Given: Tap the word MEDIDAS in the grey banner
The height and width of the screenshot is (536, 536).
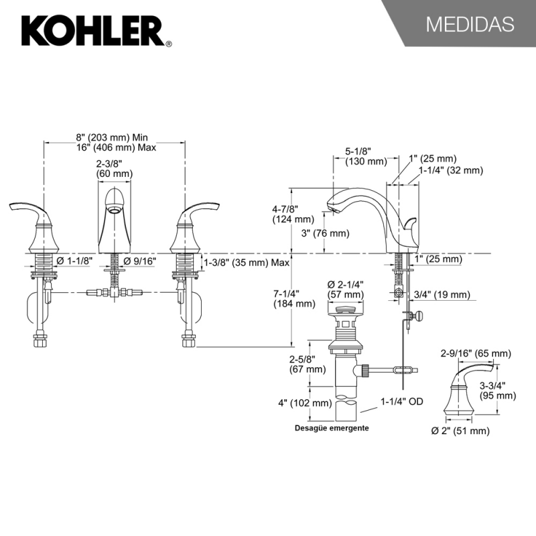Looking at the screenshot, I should click(x=470, y=25).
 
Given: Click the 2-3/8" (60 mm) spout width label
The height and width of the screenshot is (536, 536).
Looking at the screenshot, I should click(x=114, y=167).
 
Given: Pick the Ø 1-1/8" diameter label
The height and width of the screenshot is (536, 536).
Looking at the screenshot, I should click(x=75, y=260).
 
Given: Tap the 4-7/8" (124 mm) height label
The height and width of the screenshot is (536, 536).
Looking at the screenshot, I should click(x=293, y=213).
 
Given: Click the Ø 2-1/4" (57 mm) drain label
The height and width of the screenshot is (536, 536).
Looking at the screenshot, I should click(x=345, y=289).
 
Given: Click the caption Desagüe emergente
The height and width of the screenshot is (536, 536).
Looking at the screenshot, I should click(x=333, y=427).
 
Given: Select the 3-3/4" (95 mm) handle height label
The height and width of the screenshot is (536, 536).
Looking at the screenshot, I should click(x=498, y=390).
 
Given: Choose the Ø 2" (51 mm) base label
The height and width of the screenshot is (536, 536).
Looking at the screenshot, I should click(x=462, y=431).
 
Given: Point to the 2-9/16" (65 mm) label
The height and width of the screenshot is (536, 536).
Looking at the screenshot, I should click(x=475, y=353).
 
